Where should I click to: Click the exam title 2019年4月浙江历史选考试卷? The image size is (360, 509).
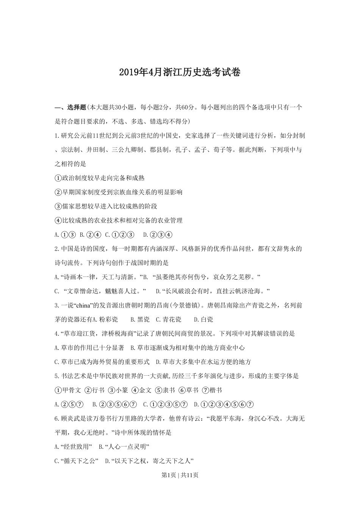coord(180,72)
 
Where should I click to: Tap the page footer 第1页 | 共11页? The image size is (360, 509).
coord(180,475)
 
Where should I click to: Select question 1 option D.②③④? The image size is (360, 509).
coord(158,235)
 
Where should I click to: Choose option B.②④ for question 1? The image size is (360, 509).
coord(91,235)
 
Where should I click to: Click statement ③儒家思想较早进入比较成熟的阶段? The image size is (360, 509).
coord(106,206)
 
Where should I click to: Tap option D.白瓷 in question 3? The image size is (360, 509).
coord(203,320)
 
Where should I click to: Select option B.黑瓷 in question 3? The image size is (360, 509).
coord(139,320)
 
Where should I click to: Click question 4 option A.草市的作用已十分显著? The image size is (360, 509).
coord(89,348)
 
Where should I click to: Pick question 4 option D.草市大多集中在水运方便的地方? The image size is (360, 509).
coord(203,362)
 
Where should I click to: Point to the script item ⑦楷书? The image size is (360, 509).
coord(212,390)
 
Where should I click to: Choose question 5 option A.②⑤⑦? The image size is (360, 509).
coord(69,404)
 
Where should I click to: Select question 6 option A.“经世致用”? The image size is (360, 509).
coord(74,447)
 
